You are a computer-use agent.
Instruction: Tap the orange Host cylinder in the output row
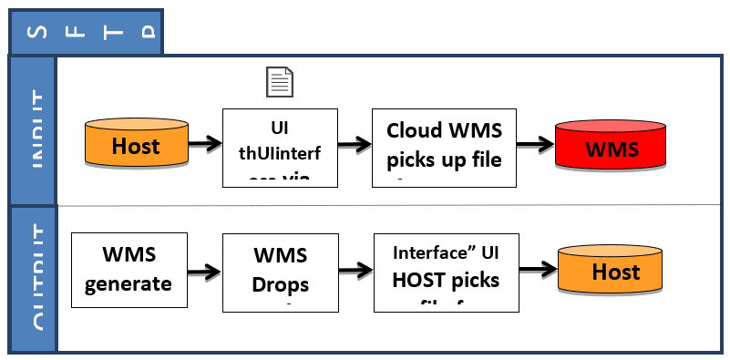tap(615, 271)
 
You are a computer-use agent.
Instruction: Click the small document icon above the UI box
tap(279, 82)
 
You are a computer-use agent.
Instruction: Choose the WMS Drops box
tap(280, 270)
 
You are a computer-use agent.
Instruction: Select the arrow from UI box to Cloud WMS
tap(355, 143)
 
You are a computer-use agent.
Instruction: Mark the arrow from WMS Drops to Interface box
tap(355, 271)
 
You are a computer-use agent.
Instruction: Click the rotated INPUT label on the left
tap(32, 129)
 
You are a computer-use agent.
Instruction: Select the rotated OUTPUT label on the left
tap(32, 278)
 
